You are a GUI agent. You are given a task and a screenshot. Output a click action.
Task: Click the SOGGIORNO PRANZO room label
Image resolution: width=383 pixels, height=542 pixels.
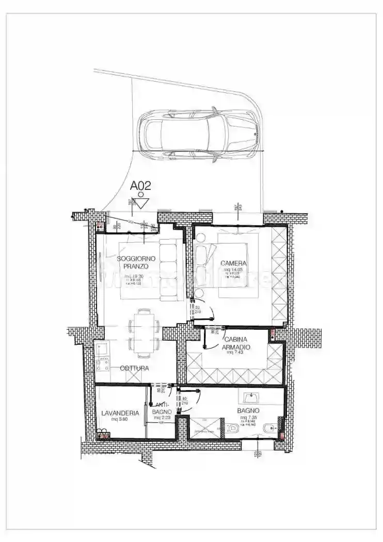coord(133,262)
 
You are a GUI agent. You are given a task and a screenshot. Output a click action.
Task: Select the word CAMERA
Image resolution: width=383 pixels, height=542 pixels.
coord(233,263)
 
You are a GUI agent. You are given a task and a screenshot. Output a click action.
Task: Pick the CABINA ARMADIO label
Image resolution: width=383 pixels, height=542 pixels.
coord(237,343)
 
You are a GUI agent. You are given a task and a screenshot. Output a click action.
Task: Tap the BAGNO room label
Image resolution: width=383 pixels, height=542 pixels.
coord(248,410)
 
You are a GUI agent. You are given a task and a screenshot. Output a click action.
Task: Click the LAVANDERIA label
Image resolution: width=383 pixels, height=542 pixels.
coord(120,413)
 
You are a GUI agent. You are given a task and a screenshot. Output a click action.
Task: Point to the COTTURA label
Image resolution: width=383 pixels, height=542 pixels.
coord(134,368)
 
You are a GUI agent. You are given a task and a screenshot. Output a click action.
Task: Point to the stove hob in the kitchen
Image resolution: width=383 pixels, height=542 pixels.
coord(102,365)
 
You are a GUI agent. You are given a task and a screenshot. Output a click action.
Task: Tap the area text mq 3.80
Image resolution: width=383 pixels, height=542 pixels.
coord(119,419)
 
